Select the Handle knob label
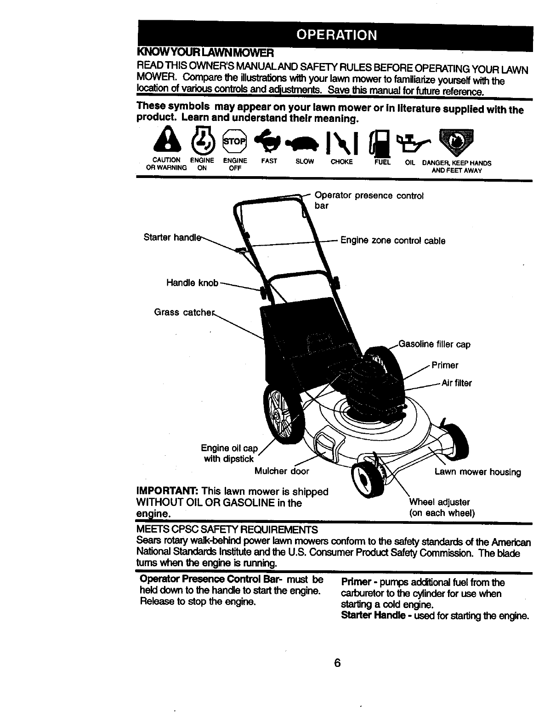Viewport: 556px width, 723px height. tap(192, 283)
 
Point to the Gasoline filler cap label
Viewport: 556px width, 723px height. tap(435, 344)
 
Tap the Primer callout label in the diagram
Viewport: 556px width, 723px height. tap(445, 366)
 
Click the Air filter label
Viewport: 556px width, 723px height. tap(456, 383)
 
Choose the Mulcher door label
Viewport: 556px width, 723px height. tap(282, 471)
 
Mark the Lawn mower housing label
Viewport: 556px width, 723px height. tap(477, 472)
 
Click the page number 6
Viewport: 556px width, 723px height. tap(337, 663)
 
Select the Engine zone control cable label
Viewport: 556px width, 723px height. tap(392, 241)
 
